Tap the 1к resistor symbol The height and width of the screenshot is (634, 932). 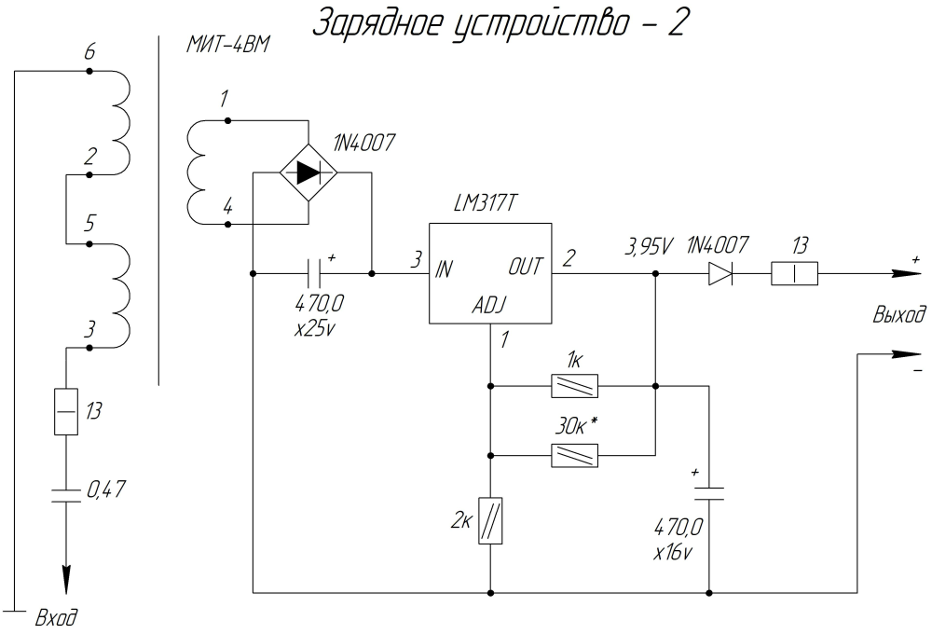click(574, 384)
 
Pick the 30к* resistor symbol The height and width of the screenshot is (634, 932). click(574, 455)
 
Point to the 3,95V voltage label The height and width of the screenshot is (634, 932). click(649, 247)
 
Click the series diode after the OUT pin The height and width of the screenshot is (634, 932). click(719, 274)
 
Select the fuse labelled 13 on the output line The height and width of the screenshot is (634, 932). click(794, 274)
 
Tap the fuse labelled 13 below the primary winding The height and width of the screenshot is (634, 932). click(66, 411)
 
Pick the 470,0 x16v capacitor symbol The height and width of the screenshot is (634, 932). click(710, 493)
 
